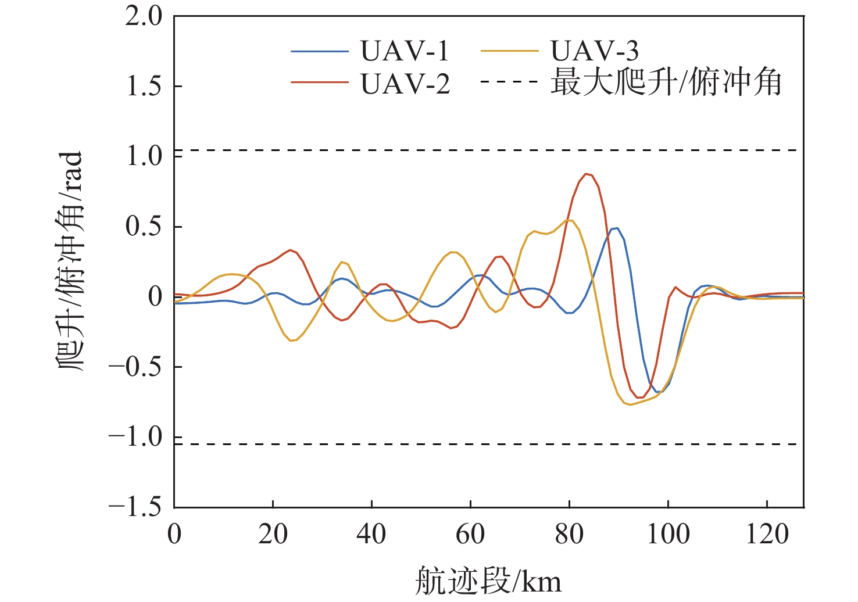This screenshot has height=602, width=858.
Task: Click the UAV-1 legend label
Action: tap(405, 51)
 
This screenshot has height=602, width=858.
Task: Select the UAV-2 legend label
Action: tap(405, 84)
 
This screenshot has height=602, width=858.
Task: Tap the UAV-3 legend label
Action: tap(595, 51)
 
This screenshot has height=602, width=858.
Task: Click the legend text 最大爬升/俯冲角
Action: tap(666, 83)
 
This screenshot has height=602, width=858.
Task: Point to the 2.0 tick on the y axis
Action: tap(144, 16)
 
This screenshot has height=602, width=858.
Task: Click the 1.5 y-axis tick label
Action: tap(144, 87)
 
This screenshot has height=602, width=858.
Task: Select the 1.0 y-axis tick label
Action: tap(144, 156)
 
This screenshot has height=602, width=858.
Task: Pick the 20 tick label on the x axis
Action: tap(273, 534)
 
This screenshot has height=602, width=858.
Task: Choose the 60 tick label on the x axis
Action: tap(470, 534)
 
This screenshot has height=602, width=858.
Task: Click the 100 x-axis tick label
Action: tap(668, 534)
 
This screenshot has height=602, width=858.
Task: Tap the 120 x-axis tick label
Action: tap(767, 534)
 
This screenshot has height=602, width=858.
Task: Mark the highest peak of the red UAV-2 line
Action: tap(587, 173)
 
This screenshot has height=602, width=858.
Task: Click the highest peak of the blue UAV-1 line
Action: tap(617, 228)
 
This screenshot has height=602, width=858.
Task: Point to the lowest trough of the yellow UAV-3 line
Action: tap(630, 404)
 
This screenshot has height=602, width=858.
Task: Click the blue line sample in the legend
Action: tap(319, 52)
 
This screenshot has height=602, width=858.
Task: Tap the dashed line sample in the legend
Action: tap(509, 82)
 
